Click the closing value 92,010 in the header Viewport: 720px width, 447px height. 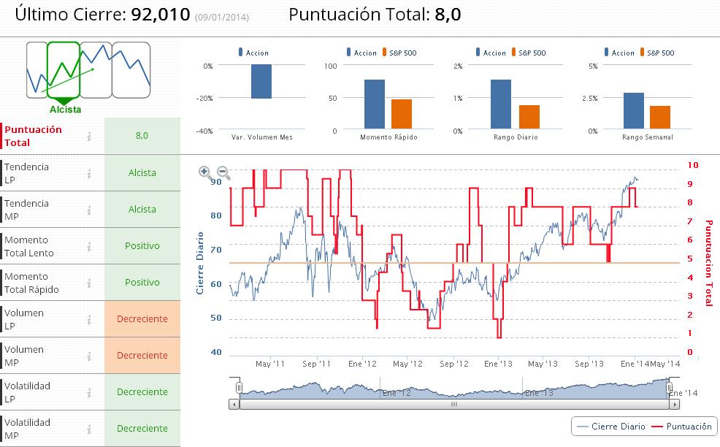[x=161, y=15]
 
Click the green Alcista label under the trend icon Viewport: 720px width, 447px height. [x=65, y=110]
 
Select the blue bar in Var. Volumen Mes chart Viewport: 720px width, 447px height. [x=261, y=81]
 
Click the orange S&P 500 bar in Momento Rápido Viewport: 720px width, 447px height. [x=402, y=114]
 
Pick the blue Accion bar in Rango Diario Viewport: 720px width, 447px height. [x=501, y=104]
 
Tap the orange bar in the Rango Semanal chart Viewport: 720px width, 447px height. [x=660, y=118]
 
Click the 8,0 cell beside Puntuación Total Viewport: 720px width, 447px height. [x=142, y=136]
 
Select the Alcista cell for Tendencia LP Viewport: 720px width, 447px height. [x=142, y=173]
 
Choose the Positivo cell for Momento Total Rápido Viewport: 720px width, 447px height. [x=142, y=283]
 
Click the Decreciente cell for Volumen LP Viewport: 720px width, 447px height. [x=142, y=319]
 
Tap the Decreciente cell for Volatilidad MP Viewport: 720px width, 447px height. [x=142, y=429]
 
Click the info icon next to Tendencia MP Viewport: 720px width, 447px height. [x=89, y=210]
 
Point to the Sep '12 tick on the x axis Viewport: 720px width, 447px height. [x=453, y=364]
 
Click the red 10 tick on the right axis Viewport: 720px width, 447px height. [x=693, y=166]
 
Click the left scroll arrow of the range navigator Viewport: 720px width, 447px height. [x=234, y=403]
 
